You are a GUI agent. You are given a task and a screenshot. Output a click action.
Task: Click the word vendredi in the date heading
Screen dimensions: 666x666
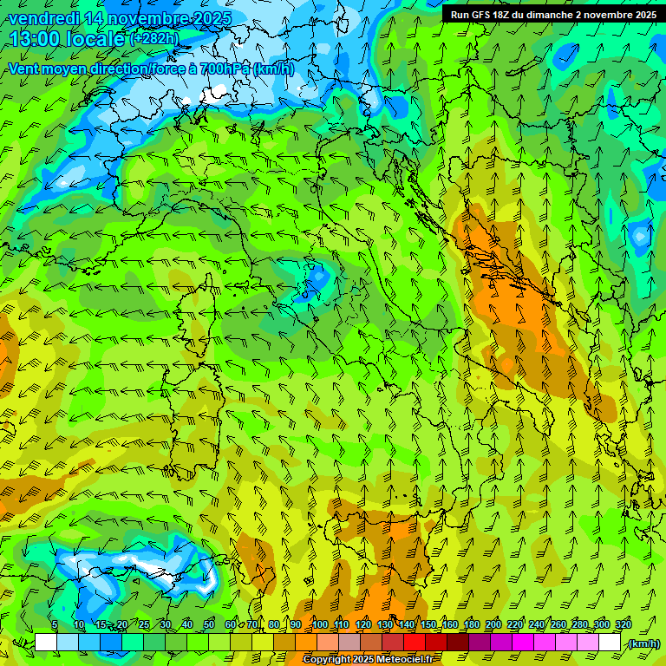coord(43,18)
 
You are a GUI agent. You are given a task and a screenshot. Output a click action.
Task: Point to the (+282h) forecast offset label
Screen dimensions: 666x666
coord(154,38)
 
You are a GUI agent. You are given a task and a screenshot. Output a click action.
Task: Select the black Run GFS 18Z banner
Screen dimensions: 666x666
coord(552,14)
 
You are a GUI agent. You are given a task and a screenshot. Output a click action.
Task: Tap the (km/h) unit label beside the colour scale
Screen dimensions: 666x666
coord(643,643)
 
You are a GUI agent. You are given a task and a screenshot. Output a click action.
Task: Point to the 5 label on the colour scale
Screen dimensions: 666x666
coord(55,624)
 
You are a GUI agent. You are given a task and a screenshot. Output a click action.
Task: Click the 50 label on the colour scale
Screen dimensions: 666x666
coord(209,624)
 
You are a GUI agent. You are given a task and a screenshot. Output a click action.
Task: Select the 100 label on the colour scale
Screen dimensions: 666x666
coord(320,624)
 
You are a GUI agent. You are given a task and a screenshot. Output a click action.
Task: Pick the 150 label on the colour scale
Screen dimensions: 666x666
coord(428,624)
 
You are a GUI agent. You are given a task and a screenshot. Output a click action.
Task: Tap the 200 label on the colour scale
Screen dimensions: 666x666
coord(493,624)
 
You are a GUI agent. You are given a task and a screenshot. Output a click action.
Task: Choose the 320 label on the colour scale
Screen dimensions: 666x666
coord(624,624)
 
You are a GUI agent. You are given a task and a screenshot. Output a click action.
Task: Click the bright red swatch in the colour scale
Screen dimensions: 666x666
coord(414,643)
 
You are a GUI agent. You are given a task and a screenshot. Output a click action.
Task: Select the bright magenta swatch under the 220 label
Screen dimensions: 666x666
coord(523,643)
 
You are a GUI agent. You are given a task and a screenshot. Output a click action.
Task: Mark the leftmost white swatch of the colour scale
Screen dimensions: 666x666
coord(46,643)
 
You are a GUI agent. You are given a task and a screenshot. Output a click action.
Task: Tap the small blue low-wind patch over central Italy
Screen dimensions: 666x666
coord(317,278)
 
